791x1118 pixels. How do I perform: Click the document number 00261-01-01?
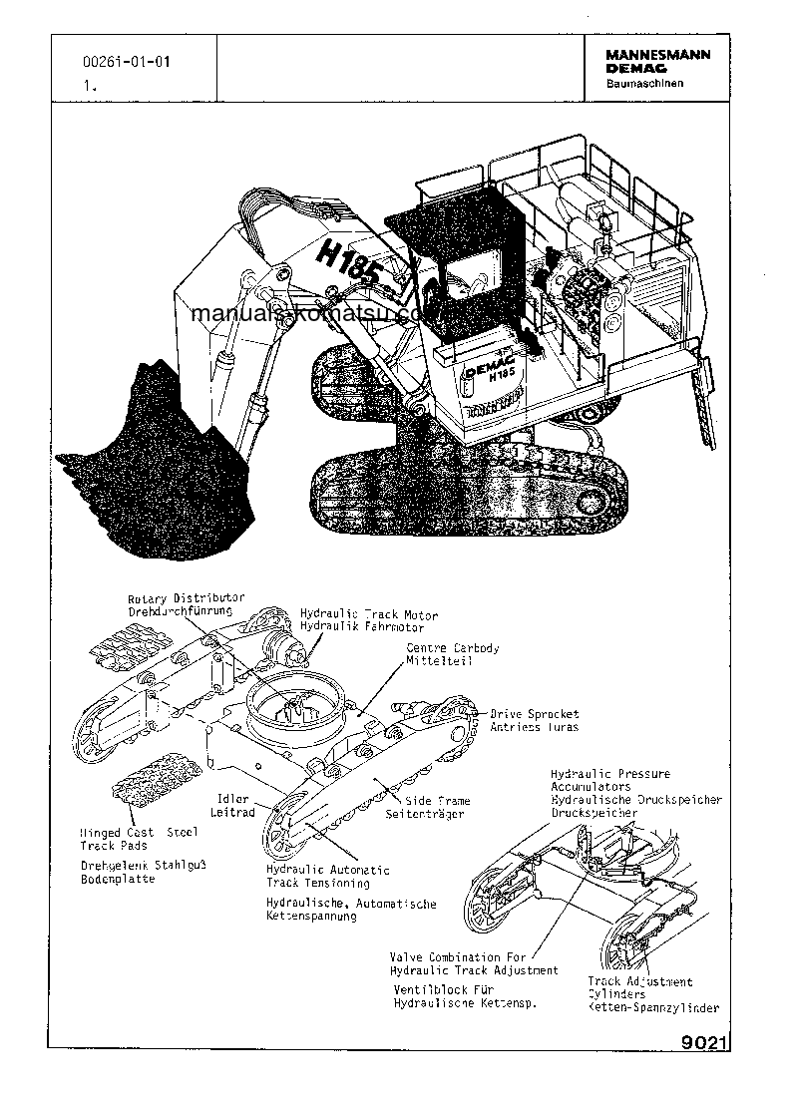tap(126, 63)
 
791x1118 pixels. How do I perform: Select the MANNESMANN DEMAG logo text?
tap(657, 62)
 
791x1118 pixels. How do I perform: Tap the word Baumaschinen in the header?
tap(644, 84)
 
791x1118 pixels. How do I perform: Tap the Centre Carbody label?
tap(453, 648)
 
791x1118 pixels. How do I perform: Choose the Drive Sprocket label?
tap(534, 714)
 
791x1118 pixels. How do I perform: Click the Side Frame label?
tap(438, 801)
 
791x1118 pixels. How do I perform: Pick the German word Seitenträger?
tap(425, 814)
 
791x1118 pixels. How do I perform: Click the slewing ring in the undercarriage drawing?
tap(298, 708)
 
